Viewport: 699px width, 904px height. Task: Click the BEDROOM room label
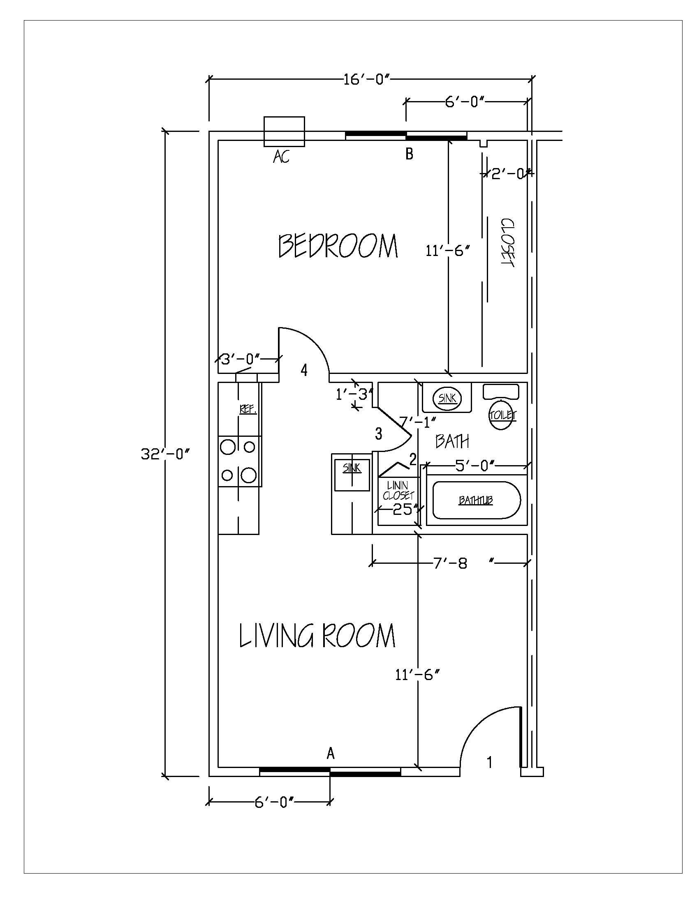(x=338, y=246)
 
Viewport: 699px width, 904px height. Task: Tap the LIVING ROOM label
(x=317, y=636)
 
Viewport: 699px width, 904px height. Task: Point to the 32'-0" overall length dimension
(x=165, y=454)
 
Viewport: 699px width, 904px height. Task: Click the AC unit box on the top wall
(x=284, y=131)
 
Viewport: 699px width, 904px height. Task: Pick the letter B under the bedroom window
(x=409, y=155)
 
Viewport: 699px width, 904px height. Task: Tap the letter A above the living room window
(x=331, y=753)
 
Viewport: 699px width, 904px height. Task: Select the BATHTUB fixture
(x=476, y=500)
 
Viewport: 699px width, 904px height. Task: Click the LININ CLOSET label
(x=398, y=490)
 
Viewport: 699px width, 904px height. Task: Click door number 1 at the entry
(x=489, y=762)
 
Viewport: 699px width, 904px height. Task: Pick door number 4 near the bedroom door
(x=304, y=370)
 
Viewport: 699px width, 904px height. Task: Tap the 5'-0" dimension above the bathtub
(x=475, y=466)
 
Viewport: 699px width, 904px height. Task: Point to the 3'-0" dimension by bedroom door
(x=241, y=358)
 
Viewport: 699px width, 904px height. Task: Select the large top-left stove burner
(x=228, y=447)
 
